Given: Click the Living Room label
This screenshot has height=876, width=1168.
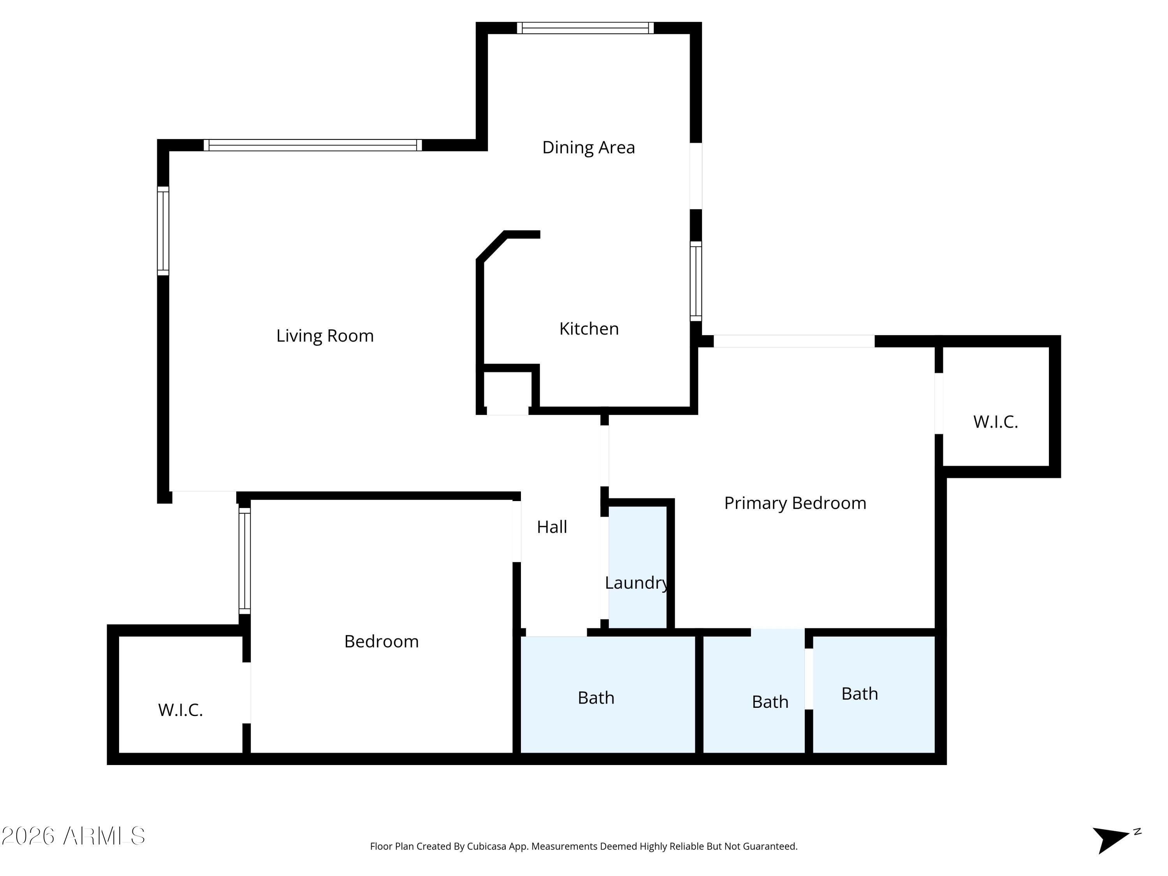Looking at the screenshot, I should click(x=325, y=336).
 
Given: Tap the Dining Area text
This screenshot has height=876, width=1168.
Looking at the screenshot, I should click(x=588, y=147).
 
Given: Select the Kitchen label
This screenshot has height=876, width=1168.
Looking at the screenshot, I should click(x=589, y=329).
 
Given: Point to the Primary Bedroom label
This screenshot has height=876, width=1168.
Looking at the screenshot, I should click(x=795, y=503).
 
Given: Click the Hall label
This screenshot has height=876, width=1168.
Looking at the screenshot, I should click(x=552, y=527).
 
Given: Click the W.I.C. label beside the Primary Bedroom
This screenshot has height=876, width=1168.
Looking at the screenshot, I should click(x=996, y=422).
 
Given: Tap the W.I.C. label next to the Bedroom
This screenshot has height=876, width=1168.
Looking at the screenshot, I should click(x=180, y=710).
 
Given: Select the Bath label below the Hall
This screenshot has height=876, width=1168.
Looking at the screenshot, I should click(x=596, y=698).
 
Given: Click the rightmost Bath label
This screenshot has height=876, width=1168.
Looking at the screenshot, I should click(x=860, y=694).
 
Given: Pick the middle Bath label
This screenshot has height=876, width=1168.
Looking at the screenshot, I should click(x=770, y=702).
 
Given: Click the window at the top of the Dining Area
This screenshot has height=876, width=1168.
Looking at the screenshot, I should click(x=585, y=28).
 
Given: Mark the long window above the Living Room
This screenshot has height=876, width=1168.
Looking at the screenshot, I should click(x=313, y=145).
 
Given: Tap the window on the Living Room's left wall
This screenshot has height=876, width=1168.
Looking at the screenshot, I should click(x=163, y=231).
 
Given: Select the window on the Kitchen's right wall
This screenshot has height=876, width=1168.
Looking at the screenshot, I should click(x=696, y=281).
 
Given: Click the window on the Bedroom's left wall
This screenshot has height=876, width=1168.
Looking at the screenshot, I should click(x=245, y=561).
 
